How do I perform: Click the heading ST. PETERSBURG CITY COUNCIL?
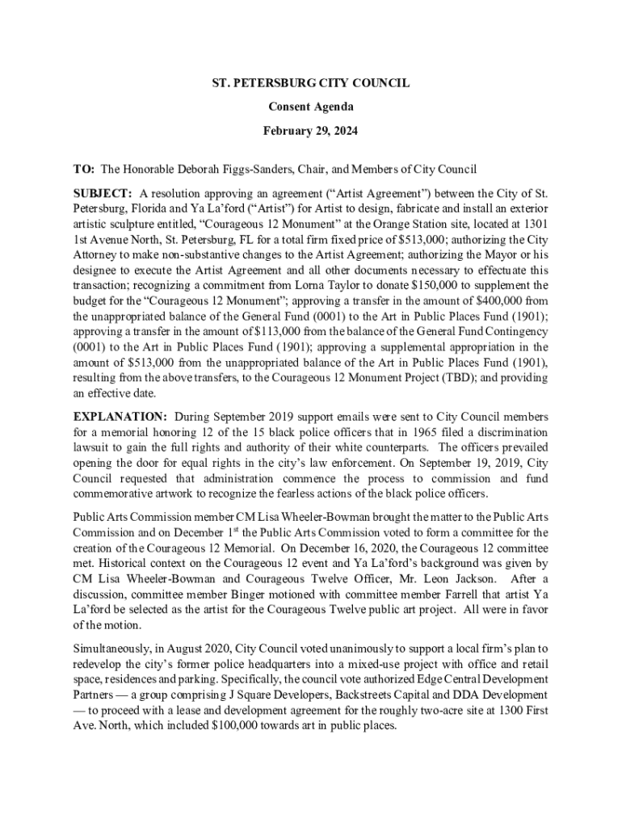point(311,83)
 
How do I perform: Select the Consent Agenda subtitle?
point(311,107)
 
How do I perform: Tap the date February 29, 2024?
point(311,130)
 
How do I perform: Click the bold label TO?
point(84,170)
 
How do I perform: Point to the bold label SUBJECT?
point(103,193)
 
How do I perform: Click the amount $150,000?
point(437,286)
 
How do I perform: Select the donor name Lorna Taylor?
point(342,286)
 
